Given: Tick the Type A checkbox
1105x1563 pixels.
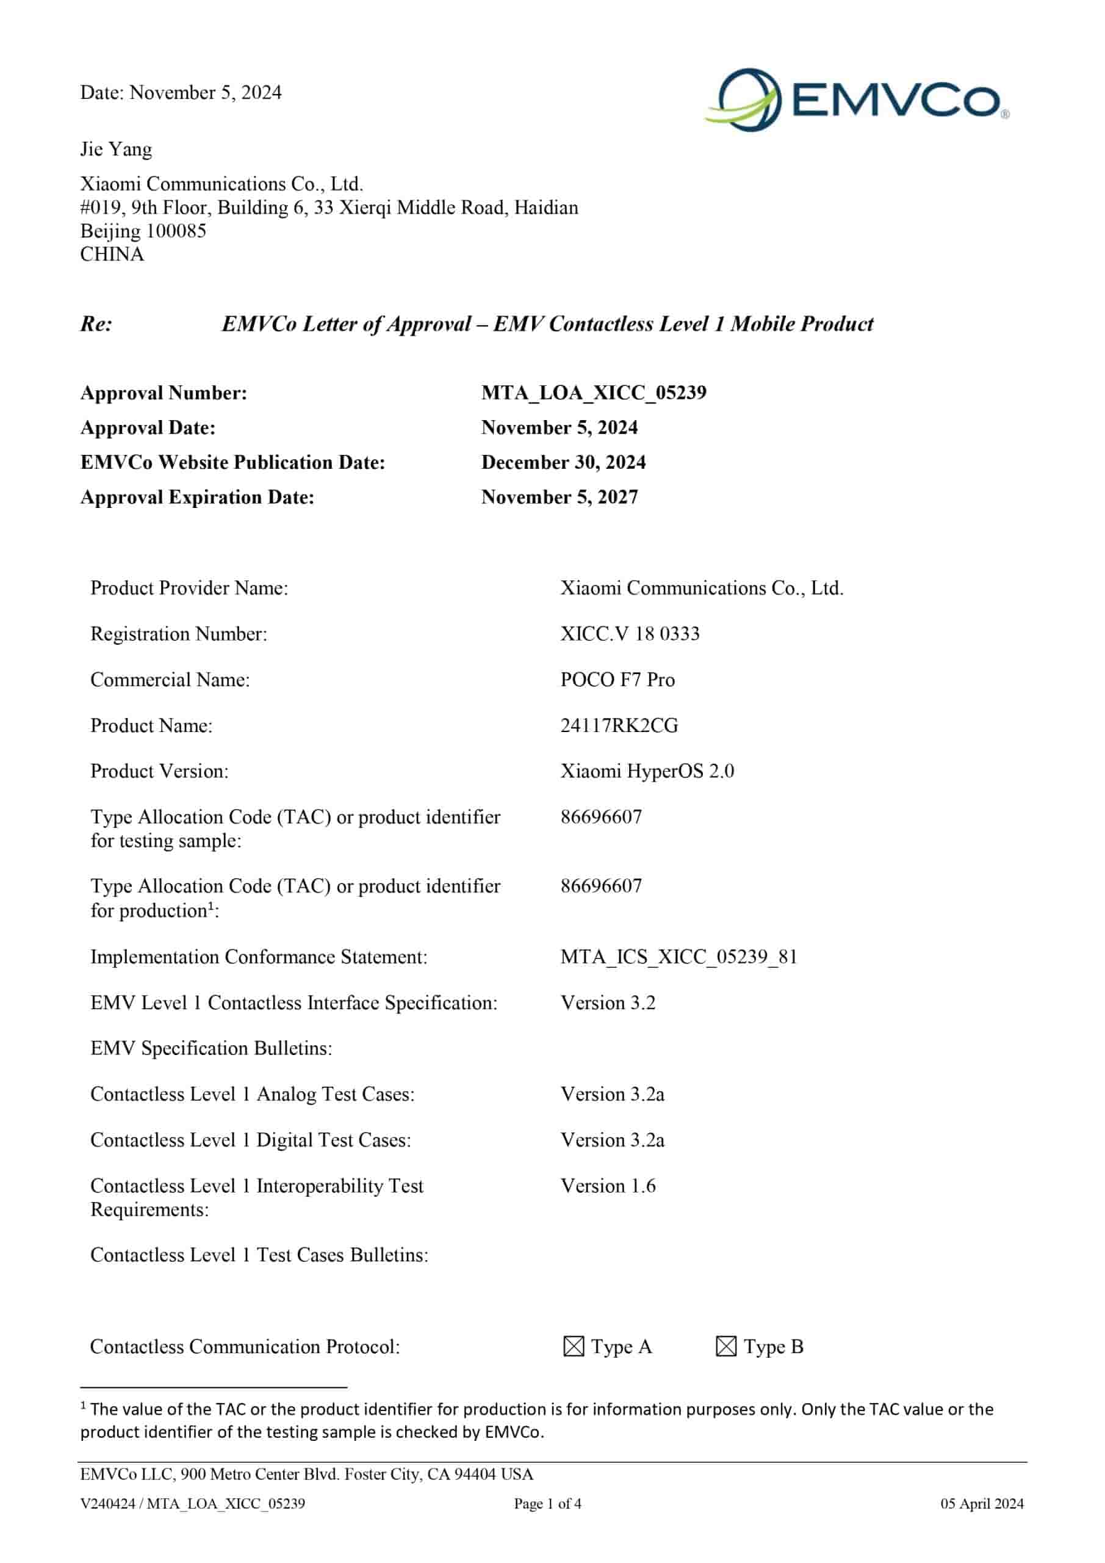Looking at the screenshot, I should [x=574, y=1346].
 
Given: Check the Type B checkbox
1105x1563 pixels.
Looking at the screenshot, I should [x=726, y=1346].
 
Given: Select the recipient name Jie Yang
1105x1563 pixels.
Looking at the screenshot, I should [x=116, y=149].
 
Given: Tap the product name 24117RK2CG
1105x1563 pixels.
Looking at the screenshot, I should [x=619, y=725].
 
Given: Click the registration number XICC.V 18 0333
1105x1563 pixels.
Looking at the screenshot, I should [x=630, y=634].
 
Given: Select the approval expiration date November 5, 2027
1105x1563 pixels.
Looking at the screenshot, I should [x=560, y=497].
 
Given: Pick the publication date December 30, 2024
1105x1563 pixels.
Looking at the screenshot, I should [x=563, y=462].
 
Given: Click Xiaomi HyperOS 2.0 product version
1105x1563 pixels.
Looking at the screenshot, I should [x=647, y=771].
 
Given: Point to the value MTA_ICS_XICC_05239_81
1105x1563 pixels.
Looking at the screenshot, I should [x=678, y=957].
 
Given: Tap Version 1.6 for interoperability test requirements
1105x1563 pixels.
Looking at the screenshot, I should [x=608, y=1185].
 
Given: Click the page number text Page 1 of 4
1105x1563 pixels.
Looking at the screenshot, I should [x=547, y=1503].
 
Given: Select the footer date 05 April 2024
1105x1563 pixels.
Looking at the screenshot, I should [x=981, y=1503].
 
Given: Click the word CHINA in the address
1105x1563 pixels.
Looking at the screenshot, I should [x=112, y=254].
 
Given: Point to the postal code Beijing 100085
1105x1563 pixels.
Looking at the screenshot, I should [x=143, y=231].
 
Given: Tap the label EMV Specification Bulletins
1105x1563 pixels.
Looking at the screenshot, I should [x=211, y=1048].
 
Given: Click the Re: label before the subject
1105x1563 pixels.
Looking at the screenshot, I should [x=96, y=324].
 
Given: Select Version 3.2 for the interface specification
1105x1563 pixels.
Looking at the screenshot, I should [x=608, y=1002].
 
